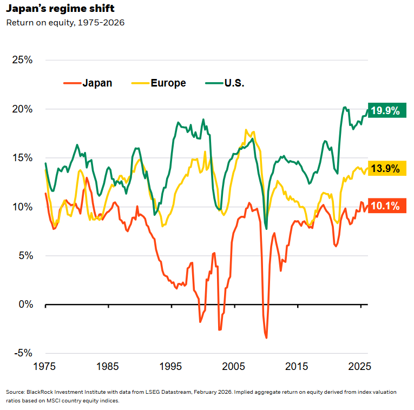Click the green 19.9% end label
pyautogui.click(x=386, y=111)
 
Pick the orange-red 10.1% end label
pyautogui.click(x=386, y=206)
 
